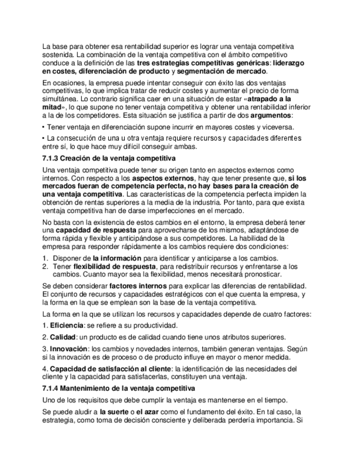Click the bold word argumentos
(272, 116)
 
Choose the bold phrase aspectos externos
(164, 178)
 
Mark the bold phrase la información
(117, 257)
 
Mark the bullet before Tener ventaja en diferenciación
(43, 127)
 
